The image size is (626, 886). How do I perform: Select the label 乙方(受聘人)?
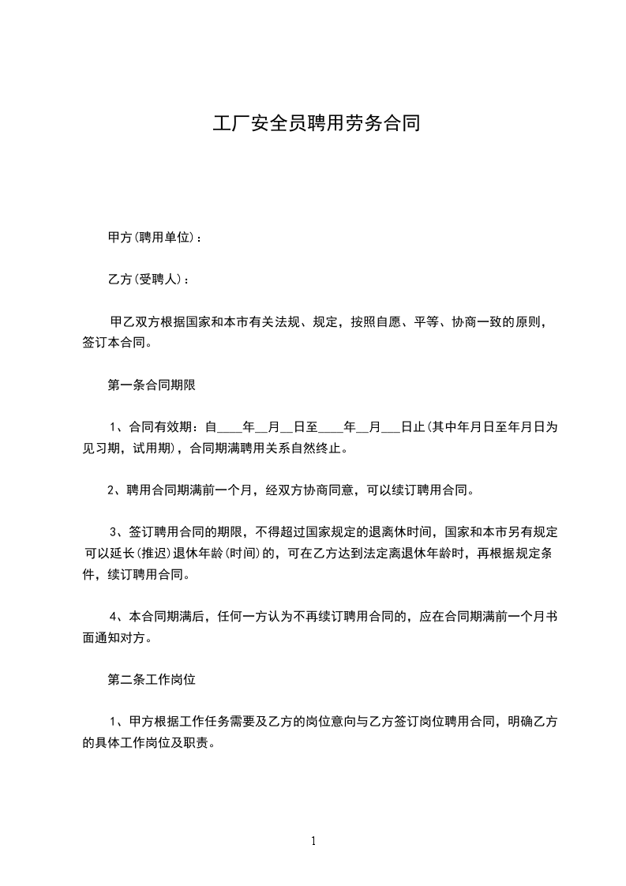pyautogui.click(x=143, y=280)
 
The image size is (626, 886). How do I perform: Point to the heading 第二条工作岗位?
pyautogui.click(x=152, y=678)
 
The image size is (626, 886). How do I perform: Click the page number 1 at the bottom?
pyautogui.click(x=313, y=841)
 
